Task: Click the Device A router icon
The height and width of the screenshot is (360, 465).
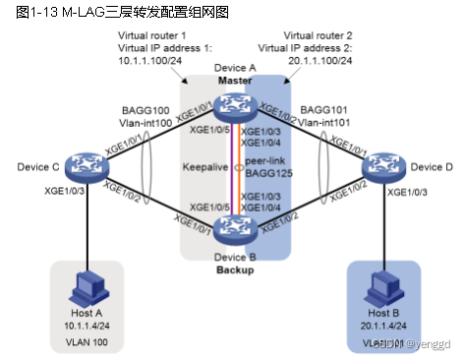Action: click(235, 105)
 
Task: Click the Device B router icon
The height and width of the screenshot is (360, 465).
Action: click(235, 228)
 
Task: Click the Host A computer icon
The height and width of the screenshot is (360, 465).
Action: click(85, 285)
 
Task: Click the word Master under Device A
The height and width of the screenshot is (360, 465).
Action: click(235, 80)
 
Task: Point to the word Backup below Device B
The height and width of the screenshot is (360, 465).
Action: click(234, 268)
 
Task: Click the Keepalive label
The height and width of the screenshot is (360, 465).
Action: click(205, 167)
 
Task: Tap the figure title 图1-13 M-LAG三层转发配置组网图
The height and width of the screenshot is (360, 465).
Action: click(87, 12)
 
